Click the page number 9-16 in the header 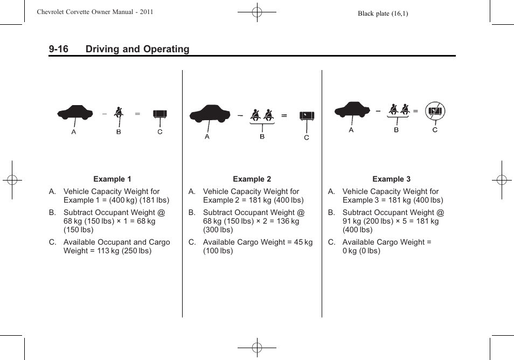[x=58, y=49]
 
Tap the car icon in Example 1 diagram [x=75, y=112]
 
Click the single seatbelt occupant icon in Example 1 [x=119, y=113]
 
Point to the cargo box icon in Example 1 [x=160, y=114]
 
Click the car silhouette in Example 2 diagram [x=210, y=114]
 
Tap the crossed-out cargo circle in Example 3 [x=435, y=112]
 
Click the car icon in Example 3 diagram [x=352, y=109]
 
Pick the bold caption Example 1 [x=112, y=179]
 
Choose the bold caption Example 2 [x=252, y=179]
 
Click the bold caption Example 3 [x=391, y=179]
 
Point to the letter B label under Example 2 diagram [x=262, y=136]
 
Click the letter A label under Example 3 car [x=351, y=130]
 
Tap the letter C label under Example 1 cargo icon [x=160, y=131]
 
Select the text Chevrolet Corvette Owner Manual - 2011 [x=95, y=12]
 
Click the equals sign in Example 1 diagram [x=137, y=114]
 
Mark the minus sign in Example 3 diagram [x=378, y=111]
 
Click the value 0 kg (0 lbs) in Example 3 [x=361, y=251]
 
